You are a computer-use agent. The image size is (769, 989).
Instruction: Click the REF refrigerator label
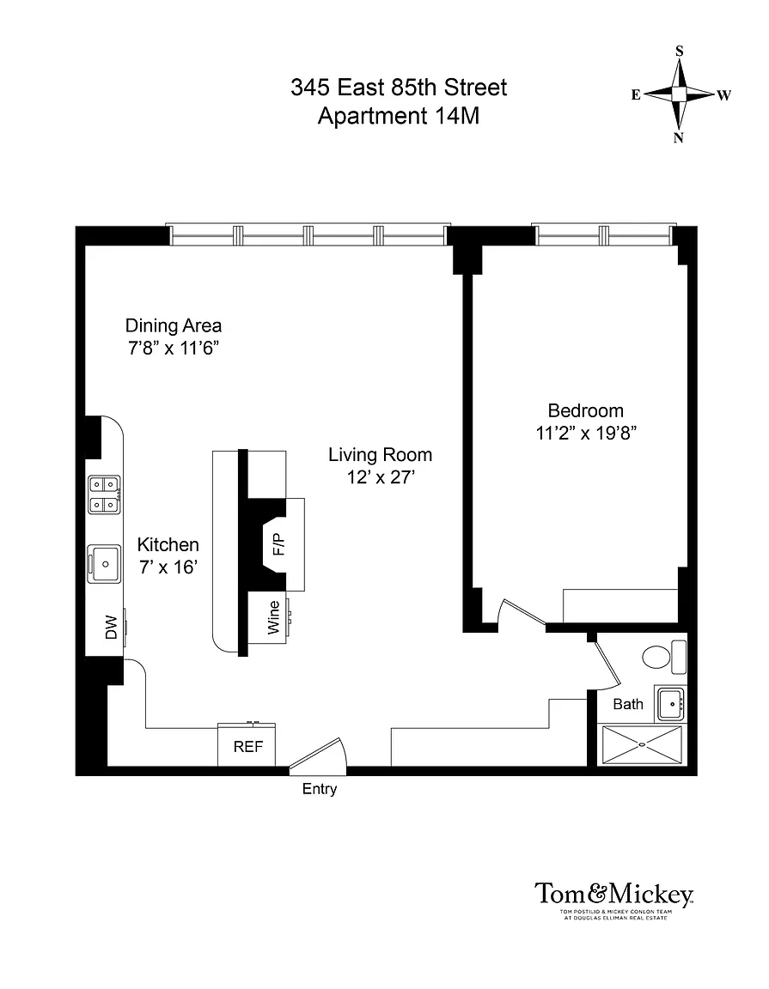coord(247,747)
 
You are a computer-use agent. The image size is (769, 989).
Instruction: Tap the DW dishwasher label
coord(111,627)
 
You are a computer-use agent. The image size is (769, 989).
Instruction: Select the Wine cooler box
coord(268,617)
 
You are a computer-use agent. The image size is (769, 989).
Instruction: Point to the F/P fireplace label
coord(278,544)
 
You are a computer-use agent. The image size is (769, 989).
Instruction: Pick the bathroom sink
coord(670,704)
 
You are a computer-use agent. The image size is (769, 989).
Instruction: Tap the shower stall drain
coord(642,745)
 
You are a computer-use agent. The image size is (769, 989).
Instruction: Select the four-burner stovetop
coord(104,494)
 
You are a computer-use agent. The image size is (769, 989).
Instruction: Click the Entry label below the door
coord(320,789)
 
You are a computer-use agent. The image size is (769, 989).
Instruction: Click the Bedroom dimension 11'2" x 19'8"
coord(586,434)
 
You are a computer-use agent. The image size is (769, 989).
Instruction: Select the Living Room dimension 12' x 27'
coord(380,477)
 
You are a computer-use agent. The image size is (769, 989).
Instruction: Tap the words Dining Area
coord(173,325)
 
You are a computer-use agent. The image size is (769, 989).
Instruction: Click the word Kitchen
coord(168,544)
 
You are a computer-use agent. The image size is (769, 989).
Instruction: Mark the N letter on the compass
coord(679,138)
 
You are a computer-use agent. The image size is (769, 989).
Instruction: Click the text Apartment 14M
coord(399,116)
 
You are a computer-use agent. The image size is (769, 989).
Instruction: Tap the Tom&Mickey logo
coord(613,900)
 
